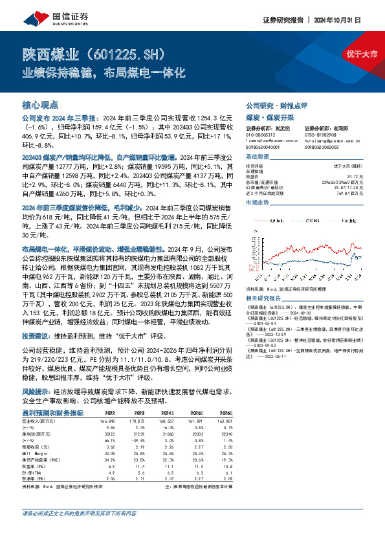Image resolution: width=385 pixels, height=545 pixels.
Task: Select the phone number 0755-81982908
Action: pyautogui.click(x=320, y=135)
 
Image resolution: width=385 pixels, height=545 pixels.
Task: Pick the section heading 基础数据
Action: pyautogui.click(x=257, y=159)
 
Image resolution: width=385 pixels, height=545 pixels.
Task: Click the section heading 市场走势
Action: pyautogui.click(x=257, y=202)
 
